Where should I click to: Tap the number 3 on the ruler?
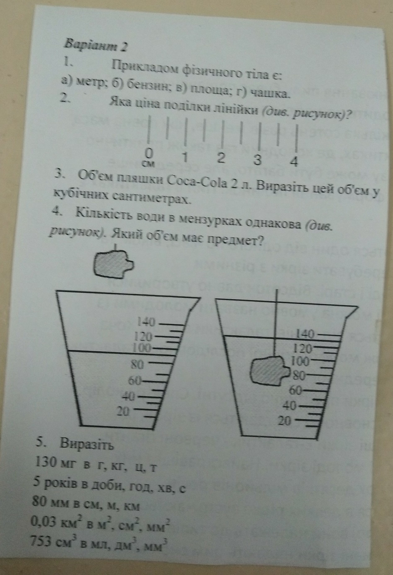click(x=257, y=160)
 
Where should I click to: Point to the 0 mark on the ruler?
click(x=149, y=153)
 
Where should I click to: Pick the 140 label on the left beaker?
click(x=146, y=323)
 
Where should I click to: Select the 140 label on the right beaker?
click(x=306, y=334)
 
